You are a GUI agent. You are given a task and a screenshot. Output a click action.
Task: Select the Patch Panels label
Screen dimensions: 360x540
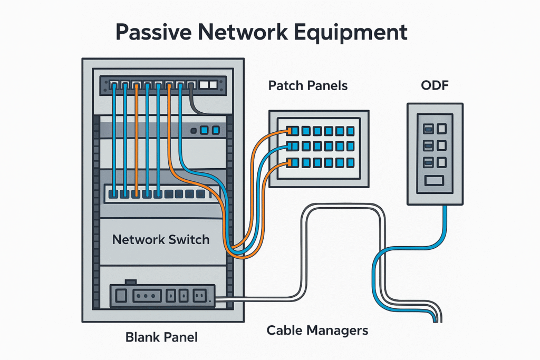pos(308,85)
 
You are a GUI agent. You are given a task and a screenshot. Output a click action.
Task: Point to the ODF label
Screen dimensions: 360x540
pos(435,85)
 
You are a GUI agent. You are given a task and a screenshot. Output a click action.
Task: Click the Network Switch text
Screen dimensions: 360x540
pos(161,240)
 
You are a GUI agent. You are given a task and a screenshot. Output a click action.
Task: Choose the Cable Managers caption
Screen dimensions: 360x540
pos(317,331)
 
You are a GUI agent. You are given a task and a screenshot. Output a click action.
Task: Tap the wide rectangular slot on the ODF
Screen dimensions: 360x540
pos(435,181)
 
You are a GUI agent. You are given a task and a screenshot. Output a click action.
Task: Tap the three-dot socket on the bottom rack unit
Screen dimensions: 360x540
pos(144,296)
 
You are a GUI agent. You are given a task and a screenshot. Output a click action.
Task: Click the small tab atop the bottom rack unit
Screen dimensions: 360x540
pos(130,283)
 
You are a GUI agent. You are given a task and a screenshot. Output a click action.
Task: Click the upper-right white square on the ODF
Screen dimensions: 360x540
pos(441,128)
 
